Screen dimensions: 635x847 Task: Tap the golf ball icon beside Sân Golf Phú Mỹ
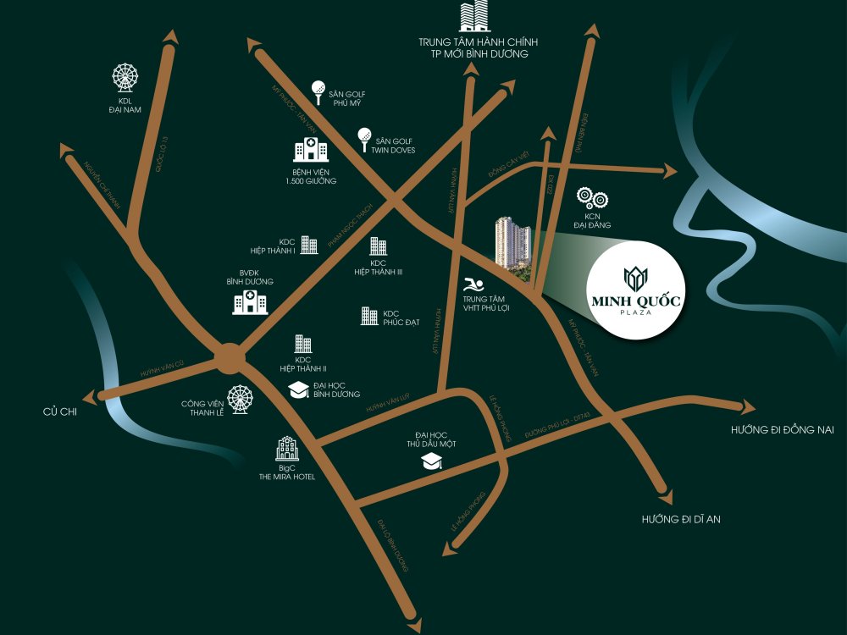click(318, 89)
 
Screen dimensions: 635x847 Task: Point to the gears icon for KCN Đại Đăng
click(592, 199)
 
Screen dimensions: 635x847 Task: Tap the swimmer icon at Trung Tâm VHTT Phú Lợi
click(472, 284)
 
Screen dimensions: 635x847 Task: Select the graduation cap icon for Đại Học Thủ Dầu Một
click(433, 461)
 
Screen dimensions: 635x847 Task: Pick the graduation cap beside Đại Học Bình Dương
click(299, 389)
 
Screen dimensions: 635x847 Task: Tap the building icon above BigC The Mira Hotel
click(287, 449)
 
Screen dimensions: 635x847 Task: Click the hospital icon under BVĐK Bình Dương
click(250, 301)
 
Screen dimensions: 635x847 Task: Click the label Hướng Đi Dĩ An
click(680, 518)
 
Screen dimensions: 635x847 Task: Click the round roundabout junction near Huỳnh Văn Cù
click(230, 358)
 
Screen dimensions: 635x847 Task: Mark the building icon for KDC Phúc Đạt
click(369, 316)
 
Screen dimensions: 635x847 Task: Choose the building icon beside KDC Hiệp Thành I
click(309, 246)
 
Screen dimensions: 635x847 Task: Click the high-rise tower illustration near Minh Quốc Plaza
click(513, 246)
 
